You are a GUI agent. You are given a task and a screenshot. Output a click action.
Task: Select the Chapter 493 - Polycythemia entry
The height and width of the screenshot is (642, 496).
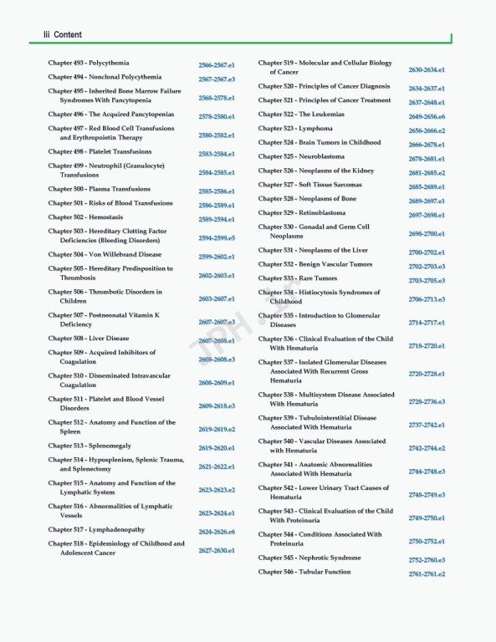89,63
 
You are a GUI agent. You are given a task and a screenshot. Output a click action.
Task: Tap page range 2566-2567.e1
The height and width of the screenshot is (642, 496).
217,64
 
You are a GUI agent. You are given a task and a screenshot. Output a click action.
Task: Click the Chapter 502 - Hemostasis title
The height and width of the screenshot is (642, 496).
86,217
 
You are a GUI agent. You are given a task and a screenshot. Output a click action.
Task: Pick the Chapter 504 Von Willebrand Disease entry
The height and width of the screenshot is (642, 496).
105,254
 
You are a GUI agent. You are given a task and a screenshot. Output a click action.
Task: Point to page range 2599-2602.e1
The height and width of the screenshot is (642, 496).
217,257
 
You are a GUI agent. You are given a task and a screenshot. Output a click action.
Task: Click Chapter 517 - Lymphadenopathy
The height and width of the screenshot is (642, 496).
96,529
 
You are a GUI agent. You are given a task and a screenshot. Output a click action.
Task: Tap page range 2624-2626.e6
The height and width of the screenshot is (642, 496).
217,532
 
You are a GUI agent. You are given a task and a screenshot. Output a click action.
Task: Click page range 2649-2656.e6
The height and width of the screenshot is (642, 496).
427,117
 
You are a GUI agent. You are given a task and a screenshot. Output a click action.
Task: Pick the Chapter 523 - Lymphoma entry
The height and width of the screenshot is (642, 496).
295,129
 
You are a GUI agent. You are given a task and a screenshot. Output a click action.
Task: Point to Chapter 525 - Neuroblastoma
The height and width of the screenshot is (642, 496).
301,156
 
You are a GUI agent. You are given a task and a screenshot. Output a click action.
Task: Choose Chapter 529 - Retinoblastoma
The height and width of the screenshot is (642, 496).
302,213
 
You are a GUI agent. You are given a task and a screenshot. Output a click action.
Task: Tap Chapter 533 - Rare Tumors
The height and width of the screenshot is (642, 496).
298,278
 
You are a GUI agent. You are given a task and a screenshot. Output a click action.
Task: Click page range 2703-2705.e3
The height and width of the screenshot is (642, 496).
427,281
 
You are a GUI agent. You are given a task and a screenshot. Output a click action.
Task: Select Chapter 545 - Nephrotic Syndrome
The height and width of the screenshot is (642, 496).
309,558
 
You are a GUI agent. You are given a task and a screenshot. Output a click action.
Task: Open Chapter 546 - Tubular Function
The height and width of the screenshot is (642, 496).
304,572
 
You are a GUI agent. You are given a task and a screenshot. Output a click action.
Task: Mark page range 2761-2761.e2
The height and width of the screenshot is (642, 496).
427,574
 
